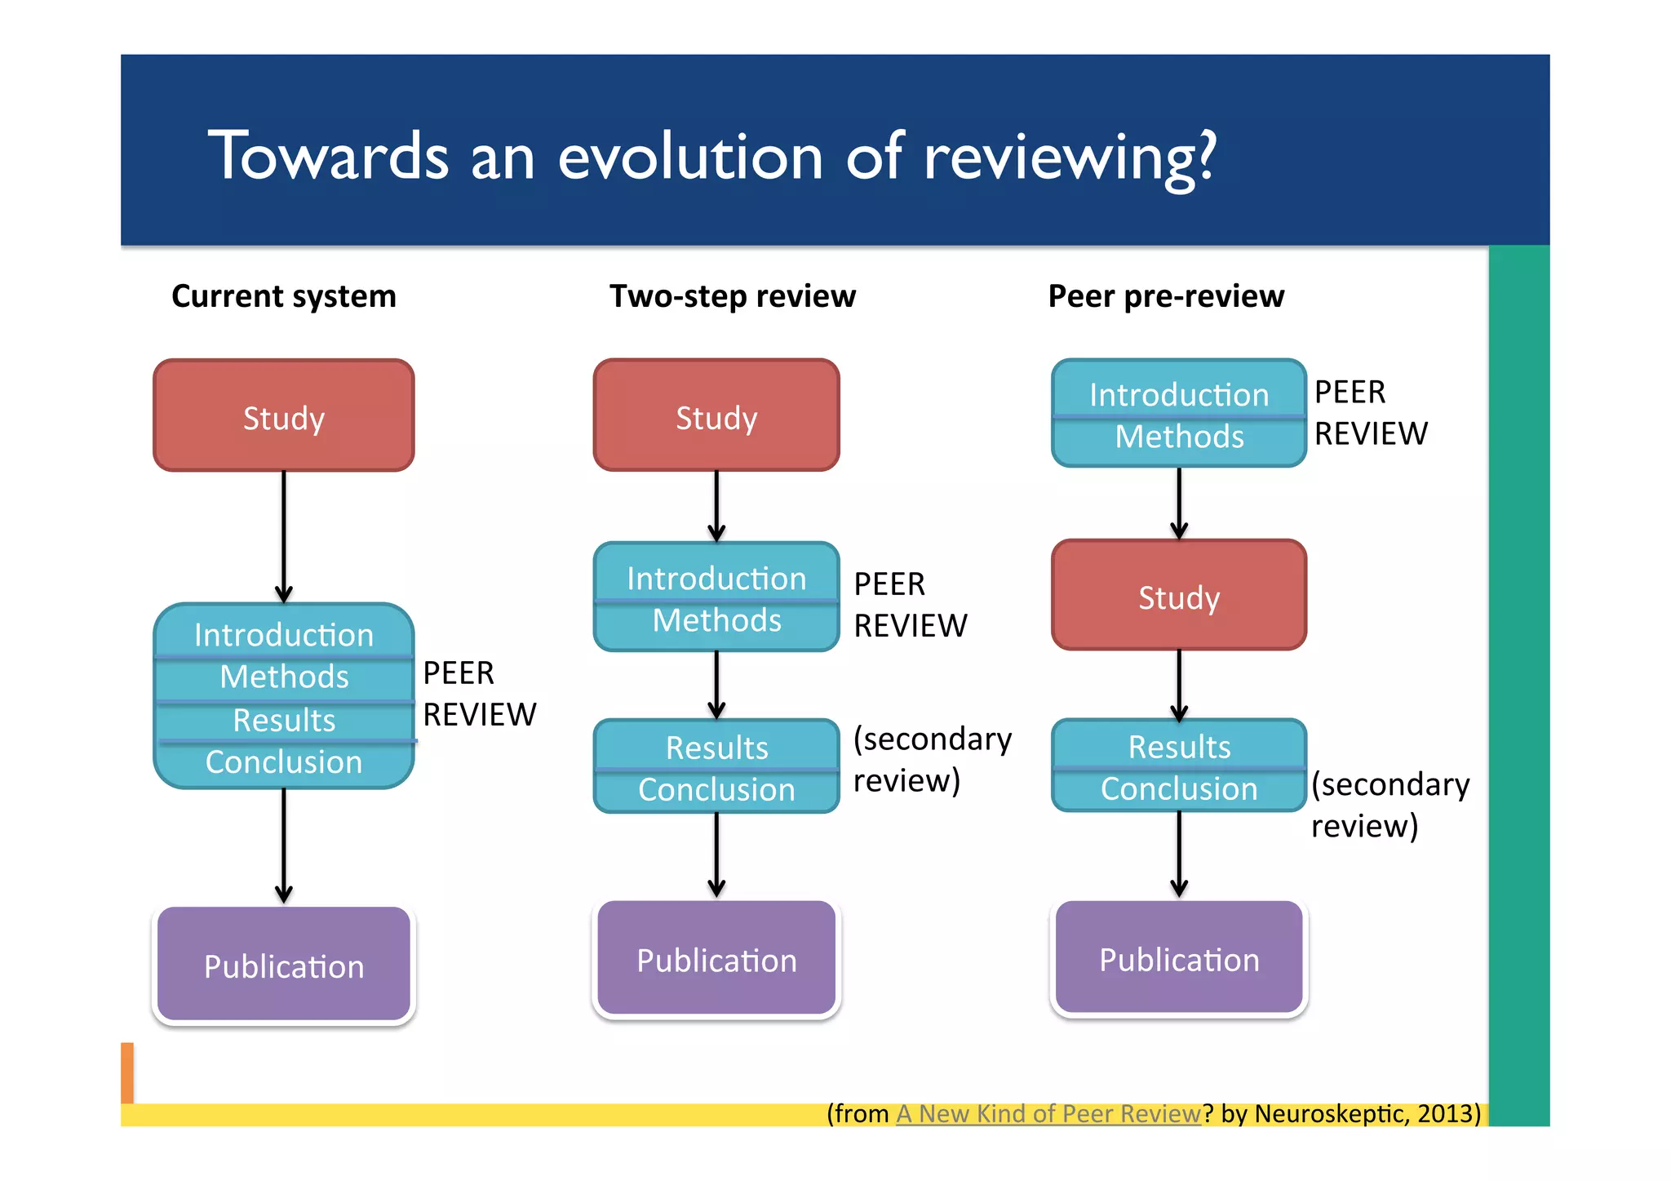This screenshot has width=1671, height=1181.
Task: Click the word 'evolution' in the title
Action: point(690,157)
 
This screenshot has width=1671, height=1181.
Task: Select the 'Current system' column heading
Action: point(283,295)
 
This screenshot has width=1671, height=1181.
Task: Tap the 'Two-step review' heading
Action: point(732,295)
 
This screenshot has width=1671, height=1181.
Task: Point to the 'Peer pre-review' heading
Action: point(1165,295)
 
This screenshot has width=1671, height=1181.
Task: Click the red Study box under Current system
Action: point(283,416)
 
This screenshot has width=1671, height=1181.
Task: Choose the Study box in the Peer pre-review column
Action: point(1178,596)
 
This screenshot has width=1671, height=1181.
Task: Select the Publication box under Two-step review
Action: point(716,959)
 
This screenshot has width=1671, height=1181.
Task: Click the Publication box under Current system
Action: point(283,966)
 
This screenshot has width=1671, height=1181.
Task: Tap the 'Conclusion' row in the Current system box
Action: point(283,762)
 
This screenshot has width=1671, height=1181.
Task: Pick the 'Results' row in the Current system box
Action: point(283,720)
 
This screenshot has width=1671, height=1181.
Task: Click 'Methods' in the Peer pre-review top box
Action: point(1178,437)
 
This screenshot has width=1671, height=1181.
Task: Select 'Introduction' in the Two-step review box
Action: point(716,578)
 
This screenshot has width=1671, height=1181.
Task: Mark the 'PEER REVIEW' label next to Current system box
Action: point(478,694)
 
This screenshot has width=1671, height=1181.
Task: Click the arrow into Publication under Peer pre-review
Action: point(1178,853)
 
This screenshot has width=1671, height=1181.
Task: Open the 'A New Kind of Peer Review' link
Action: point(1048,1113)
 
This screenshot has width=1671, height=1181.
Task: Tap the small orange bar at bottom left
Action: point(127,1072)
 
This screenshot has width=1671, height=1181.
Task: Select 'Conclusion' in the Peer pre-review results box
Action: point(1178,788)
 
